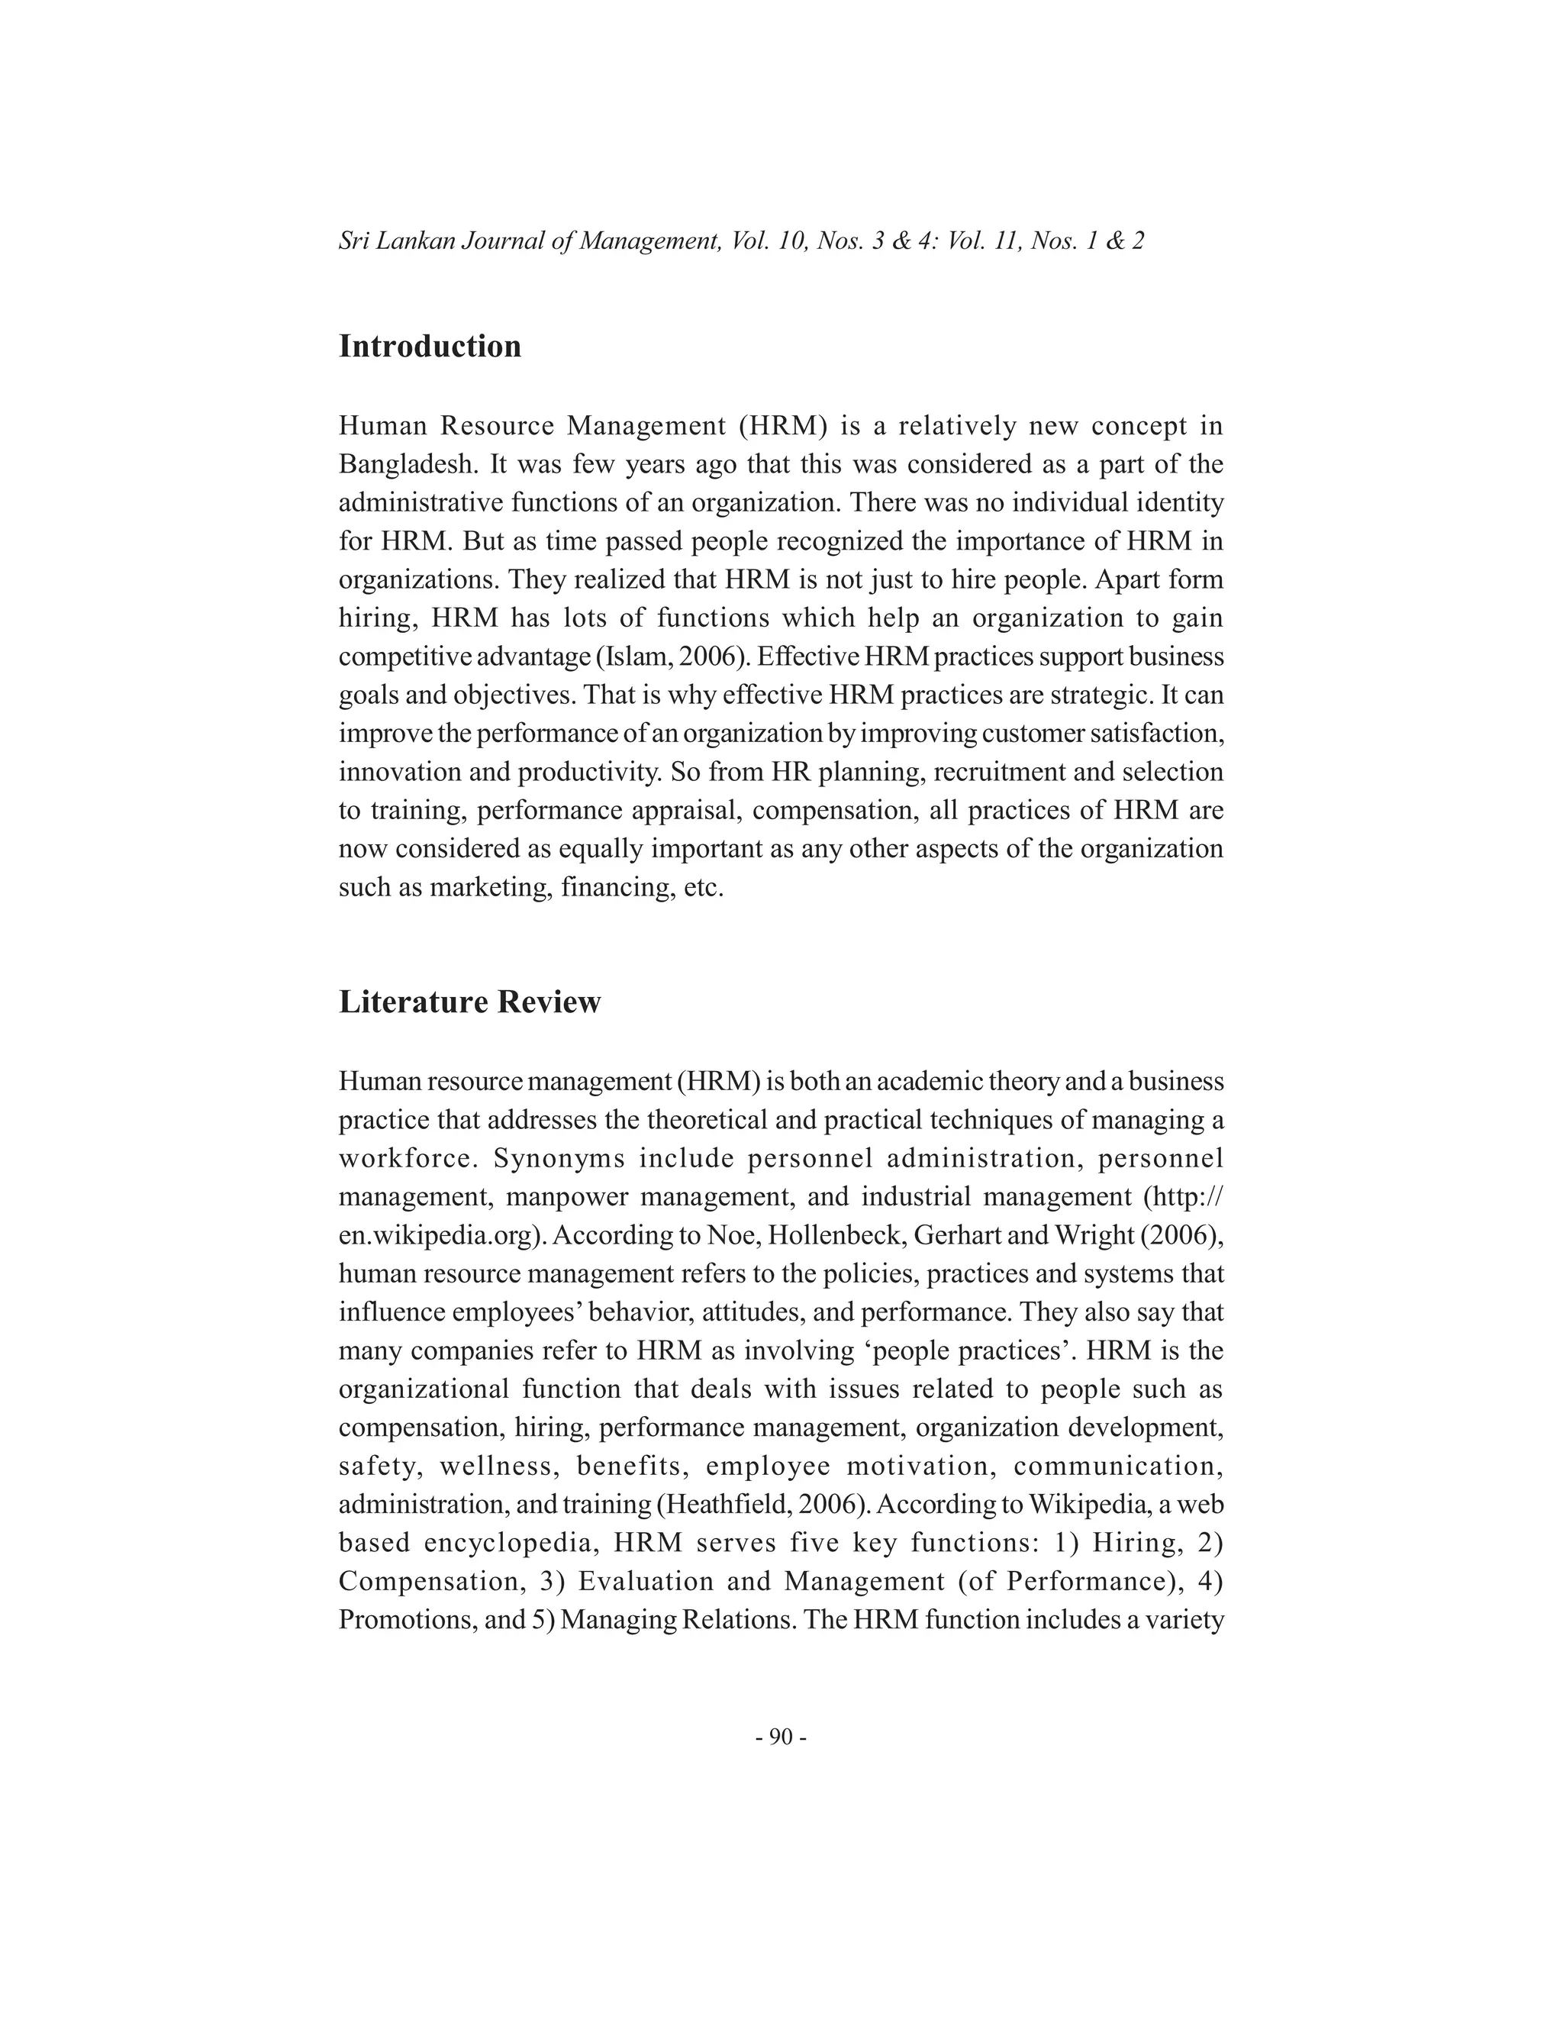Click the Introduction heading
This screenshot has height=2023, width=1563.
[430, 347]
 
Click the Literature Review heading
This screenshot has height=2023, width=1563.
[469, 1002]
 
